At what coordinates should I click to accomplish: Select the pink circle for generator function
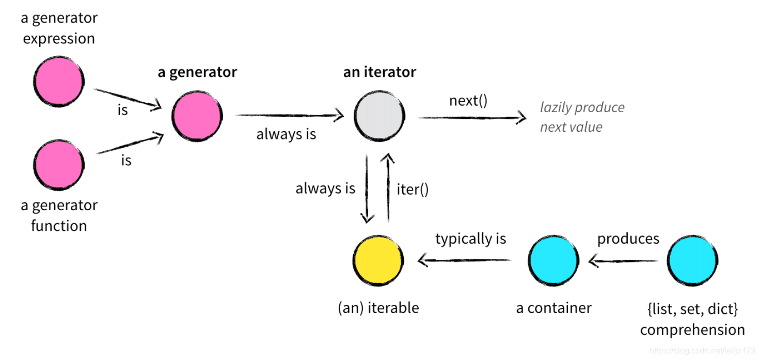pos(58,165)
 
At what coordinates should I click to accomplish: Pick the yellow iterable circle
pos(378,260)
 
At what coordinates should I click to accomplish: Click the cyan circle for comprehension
pos(692,260)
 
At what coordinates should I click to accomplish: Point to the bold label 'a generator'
pos(197,72)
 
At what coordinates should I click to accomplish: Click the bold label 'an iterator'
pos(379,72)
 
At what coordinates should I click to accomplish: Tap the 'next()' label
pos(468,100)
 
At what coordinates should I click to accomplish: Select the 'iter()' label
pos(413,190)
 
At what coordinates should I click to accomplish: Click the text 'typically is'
pos(471,239)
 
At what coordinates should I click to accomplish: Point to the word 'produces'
pos(628,239)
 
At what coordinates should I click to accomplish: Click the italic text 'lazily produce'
pos(582,107)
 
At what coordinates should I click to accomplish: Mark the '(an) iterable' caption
pos(378,308)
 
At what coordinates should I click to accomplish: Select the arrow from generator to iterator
pos(289,116)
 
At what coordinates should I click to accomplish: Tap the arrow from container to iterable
pos(465,261)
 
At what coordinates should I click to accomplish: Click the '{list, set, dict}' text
pos(692,309)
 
